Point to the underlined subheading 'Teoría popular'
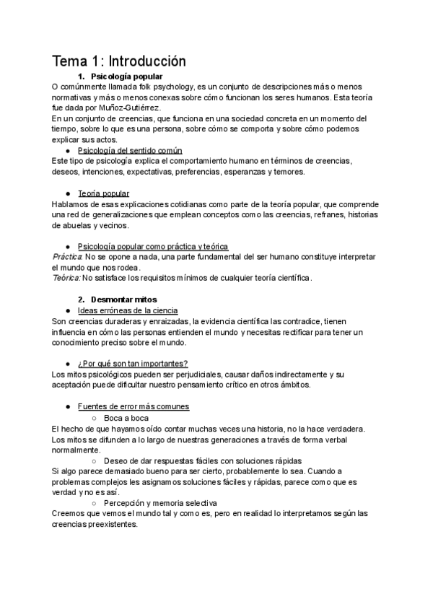[x=103, y=193]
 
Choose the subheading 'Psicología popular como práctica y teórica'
[x=152, y=246]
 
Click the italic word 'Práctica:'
[x=68, y=256]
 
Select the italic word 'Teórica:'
[x=67, y=278]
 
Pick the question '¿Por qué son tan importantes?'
[x=132, y=363]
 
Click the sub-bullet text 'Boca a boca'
[x=126, y=417]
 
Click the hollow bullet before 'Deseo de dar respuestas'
[x=94, y=460]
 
